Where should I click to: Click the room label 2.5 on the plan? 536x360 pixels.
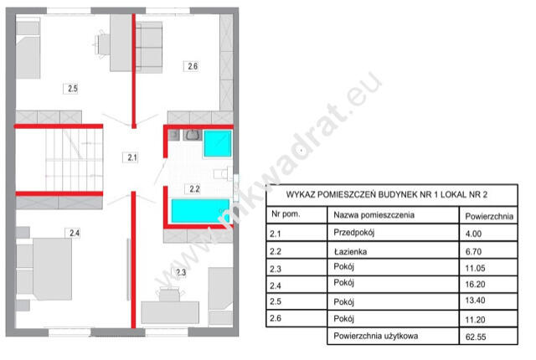[73, 89]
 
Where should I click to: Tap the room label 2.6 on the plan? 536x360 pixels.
[193, 66]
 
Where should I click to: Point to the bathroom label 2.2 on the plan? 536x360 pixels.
[194, 189]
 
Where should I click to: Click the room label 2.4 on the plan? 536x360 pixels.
[75, 233]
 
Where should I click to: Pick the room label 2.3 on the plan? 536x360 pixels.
[181, 272]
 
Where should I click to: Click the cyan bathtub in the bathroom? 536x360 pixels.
[200, 211]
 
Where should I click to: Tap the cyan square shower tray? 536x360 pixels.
[218, 143]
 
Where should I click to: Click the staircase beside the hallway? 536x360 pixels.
[75, 160]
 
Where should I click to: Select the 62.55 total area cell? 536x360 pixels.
[476, 337]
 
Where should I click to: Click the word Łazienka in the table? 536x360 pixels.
[350, 252]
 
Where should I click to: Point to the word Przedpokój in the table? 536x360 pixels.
[353, 233]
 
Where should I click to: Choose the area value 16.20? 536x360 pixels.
[475, 284]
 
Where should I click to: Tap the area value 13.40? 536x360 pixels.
[475, 301]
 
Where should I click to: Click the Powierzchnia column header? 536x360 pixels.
[489, 216]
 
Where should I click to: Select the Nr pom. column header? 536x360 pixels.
[286, 214]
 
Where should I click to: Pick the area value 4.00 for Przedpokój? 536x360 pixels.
[473, 234]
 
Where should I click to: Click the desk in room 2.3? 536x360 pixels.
[170, 312]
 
